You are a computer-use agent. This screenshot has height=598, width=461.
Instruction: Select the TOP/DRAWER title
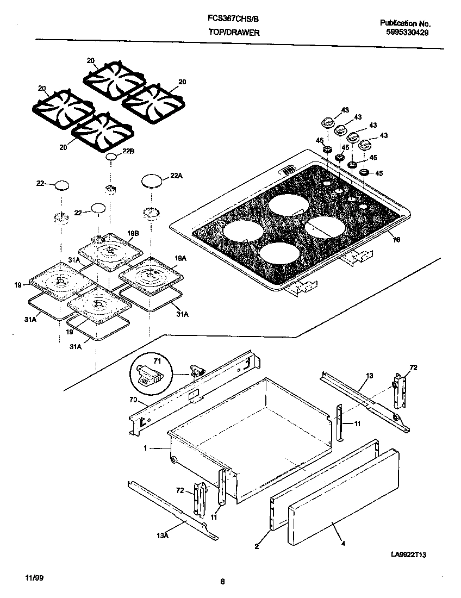(234, 33)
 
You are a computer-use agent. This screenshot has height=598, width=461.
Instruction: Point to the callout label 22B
(128, 152)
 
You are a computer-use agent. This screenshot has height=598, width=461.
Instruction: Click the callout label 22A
(176, 175)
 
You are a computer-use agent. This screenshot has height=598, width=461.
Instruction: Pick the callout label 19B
(134, 233)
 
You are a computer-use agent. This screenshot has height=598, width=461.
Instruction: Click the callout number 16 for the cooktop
(396, 239)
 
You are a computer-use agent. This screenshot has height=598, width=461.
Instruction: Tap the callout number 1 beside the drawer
(146, 448)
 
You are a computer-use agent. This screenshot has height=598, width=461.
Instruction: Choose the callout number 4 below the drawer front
(343, 543)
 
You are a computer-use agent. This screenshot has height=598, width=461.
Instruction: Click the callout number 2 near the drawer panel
(256, 546)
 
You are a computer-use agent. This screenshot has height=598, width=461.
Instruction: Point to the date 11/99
(34, 577)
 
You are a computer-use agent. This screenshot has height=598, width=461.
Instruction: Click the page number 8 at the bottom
(222, 582)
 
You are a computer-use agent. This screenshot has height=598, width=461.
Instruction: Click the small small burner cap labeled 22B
(111, 157)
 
